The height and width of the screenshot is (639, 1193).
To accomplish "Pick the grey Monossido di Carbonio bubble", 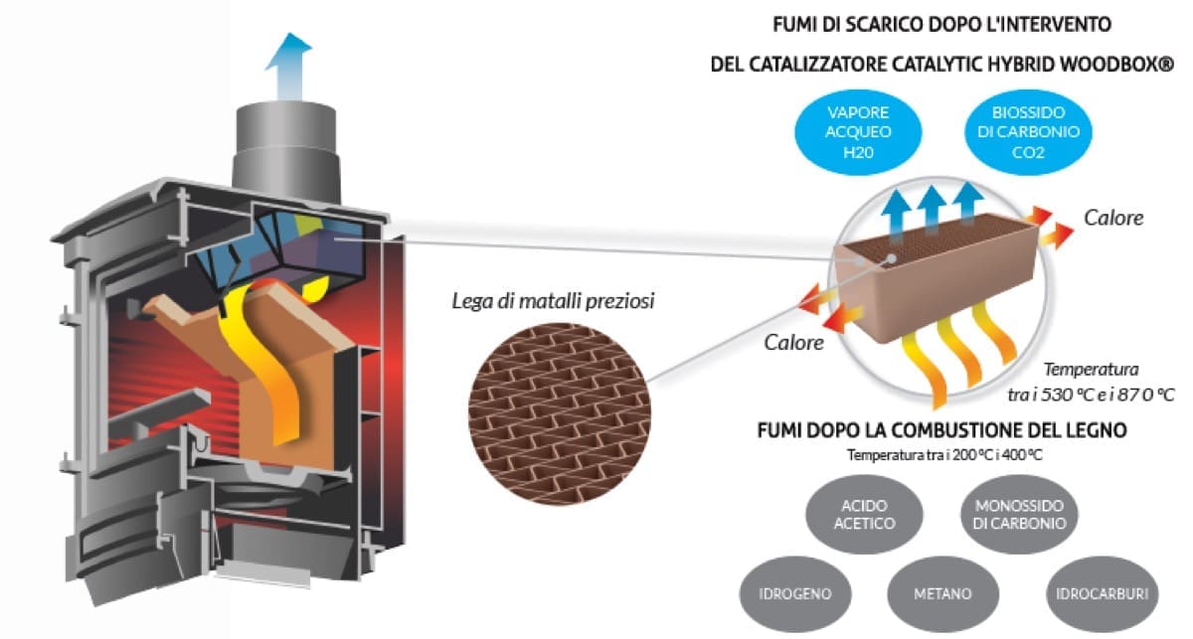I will tap(1014, 514).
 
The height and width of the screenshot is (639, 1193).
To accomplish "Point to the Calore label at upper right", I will tap(1112, 218).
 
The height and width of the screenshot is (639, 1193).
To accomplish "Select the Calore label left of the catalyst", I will tap(794, 343).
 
